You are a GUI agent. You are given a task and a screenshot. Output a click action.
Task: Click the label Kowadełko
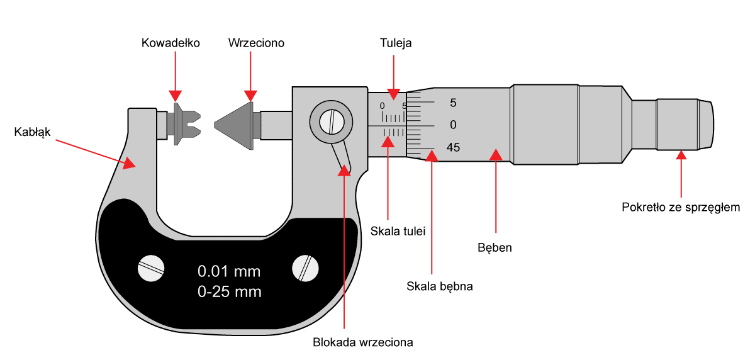(x=171, y=43)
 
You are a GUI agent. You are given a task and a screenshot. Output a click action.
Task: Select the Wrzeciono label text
(x=256, y=43)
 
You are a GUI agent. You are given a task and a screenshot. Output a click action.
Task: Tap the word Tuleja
(x=396, y=43)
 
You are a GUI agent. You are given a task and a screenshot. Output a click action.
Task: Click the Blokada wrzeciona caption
(x=362, y=343)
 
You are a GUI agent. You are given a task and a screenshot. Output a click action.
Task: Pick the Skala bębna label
(x=439, y=286)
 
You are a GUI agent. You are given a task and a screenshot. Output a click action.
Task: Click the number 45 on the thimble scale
(x=453, y=148)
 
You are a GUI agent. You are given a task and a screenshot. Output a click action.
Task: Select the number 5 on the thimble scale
(x=453, y=102)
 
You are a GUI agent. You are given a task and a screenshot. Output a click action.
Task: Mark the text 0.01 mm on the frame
(x=229, y=272)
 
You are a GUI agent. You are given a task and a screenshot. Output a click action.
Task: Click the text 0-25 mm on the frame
(x=229, y=292)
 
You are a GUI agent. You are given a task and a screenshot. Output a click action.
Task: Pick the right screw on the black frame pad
(x=306, y=269)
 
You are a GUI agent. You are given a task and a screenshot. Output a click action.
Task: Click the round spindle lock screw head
(x=330, y=119)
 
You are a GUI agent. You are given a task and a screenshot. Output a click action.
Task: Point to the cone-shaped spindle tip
(x=233, y=123)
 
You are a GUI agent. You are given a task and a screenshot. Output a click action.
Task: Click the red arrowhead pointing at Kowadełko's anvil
(x=176, y=96)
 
